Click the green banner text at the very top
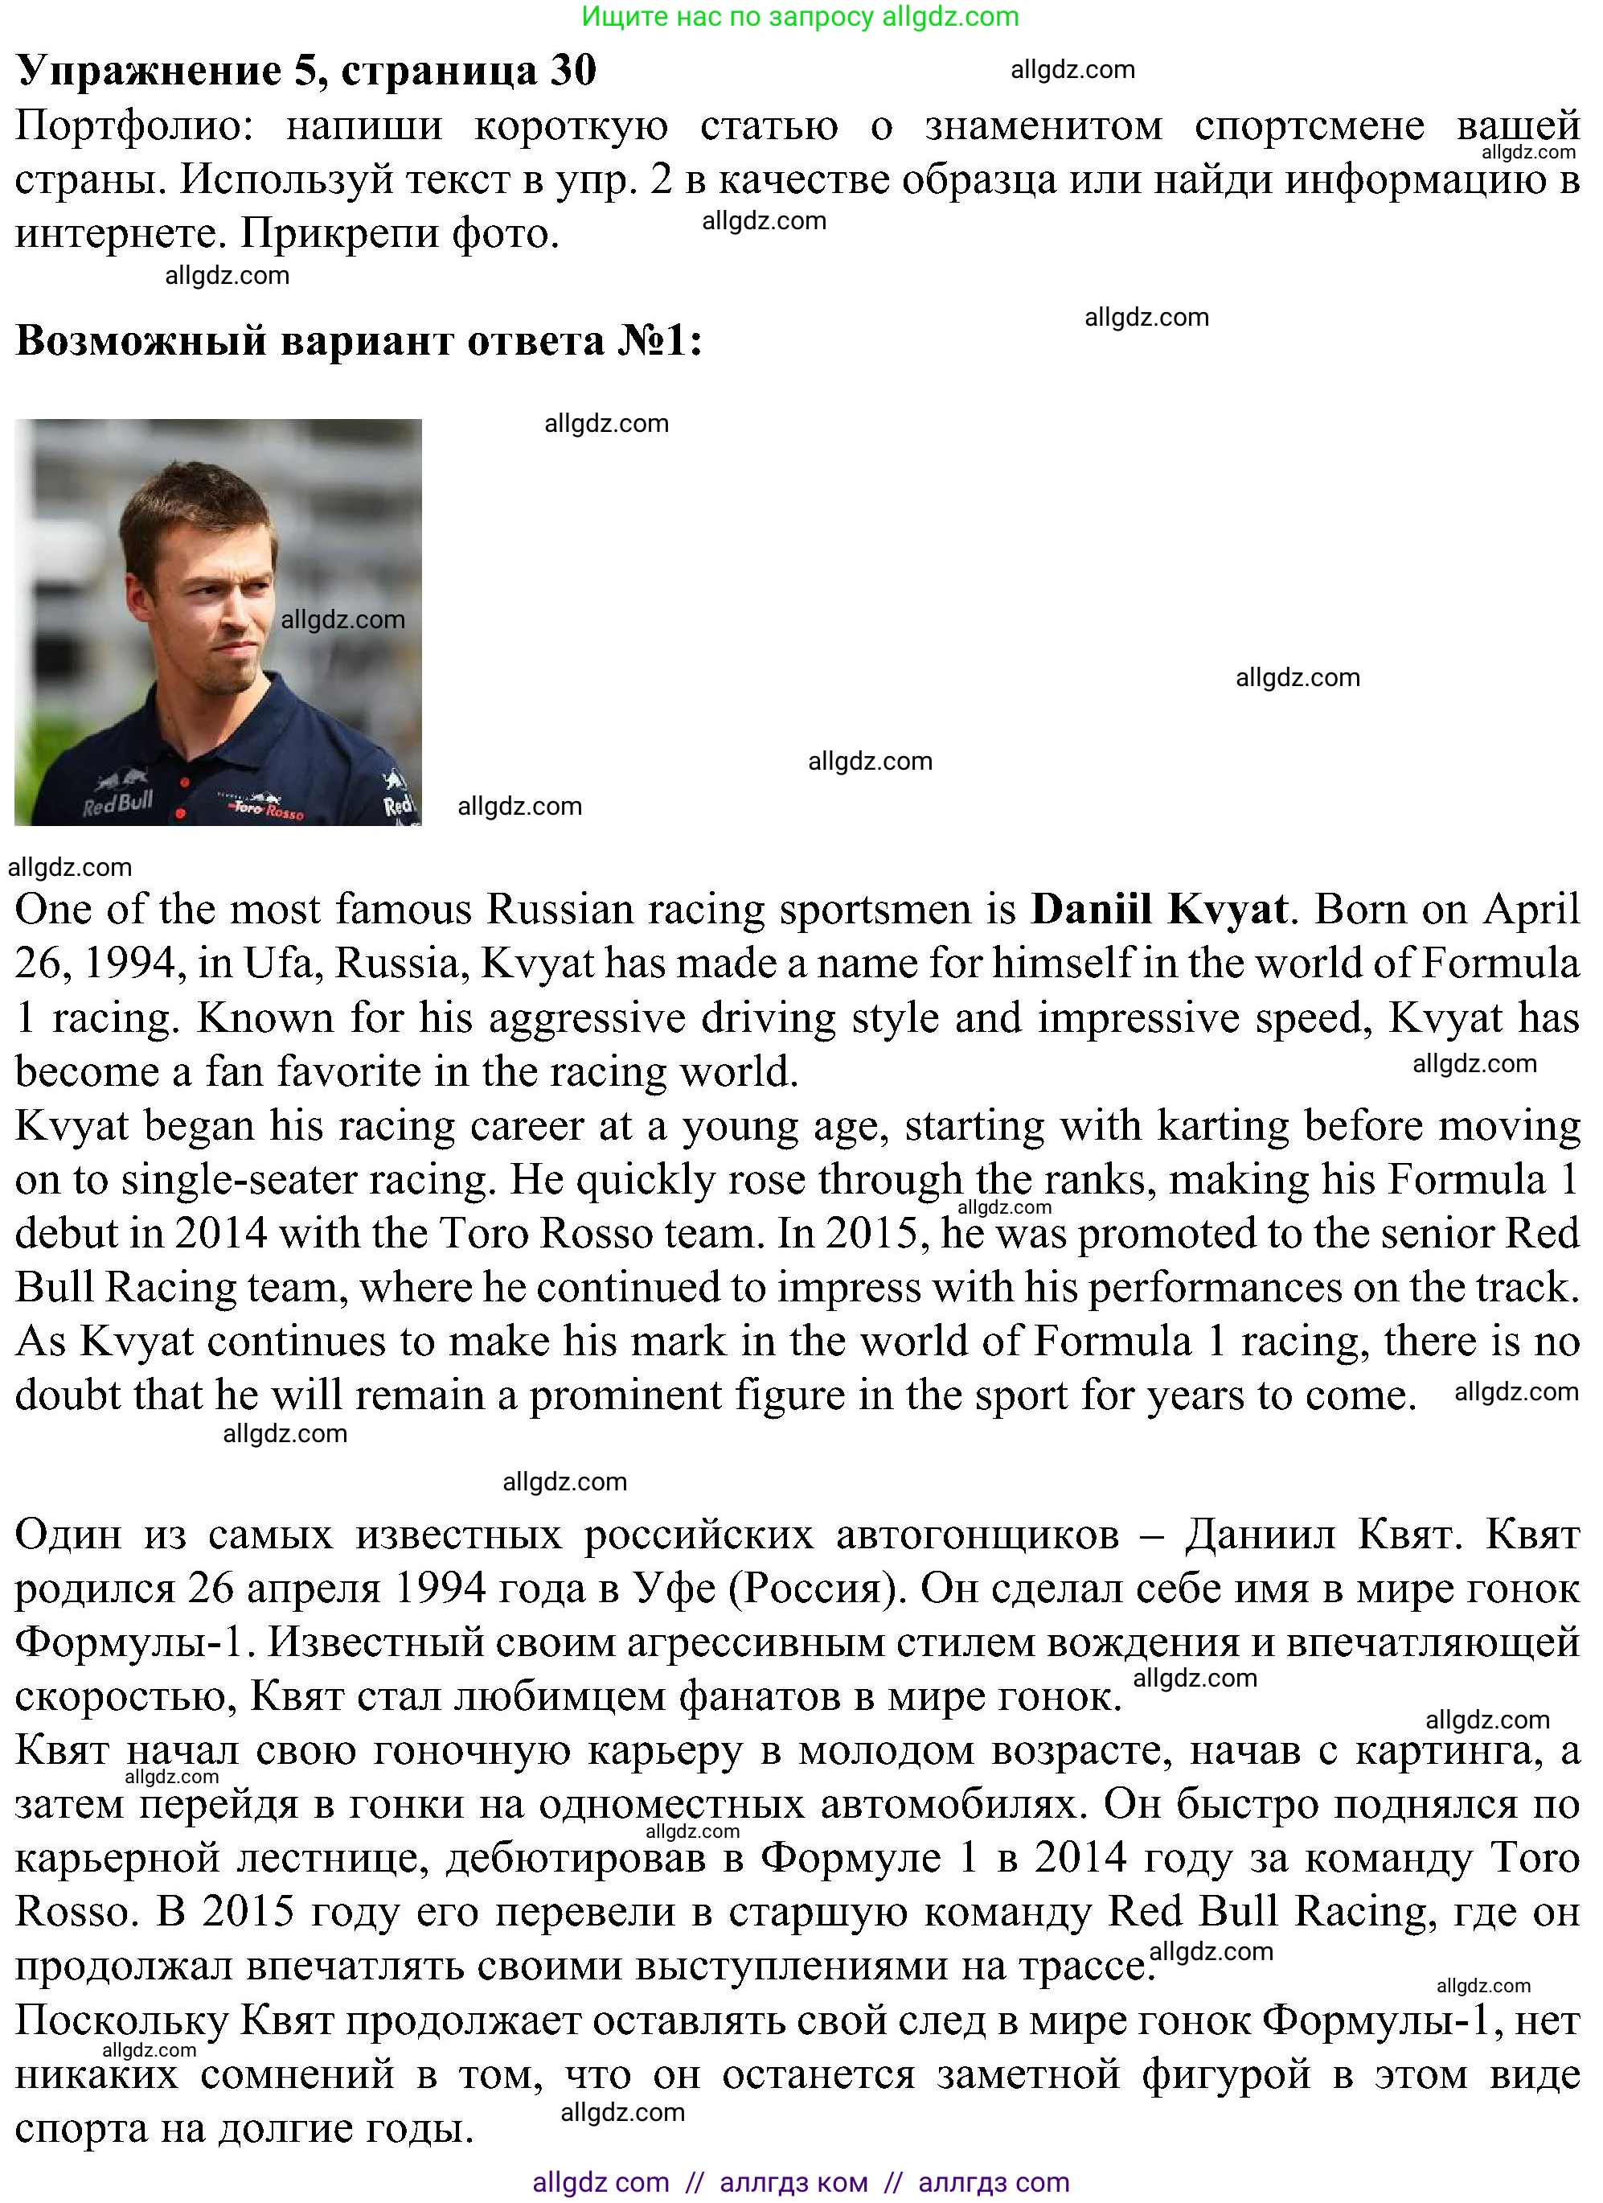click(800, 17)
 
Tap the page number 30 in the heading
click(573, 70)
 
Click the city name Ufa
click(282, 964)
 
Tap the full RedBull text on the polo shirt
click(117, 804)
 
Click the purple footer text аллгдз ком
click(793, 2183)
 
